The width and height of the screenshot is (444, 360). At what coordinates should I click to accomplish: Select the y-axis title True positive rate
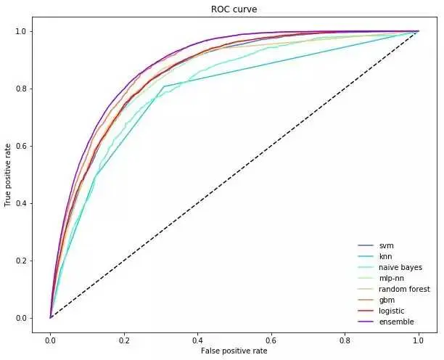(8, 174)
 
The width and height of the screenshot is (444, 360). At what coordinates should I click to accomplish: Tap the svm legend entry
(386, 245)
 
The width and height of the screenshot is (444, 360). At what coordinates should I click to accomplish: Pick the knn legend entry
(386, 257)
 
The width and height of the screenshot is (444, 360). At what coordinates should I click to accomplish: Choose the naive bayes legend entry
(400, 268)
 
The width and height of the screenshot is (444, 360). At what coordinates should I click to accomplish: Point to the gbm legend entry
(387, 300)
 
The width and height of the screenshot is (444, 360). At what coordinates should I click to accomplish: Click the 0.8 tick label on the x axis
(345, 338)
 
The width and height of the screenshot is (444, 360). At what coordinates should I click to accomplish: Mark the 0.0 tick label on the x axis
(50, 338)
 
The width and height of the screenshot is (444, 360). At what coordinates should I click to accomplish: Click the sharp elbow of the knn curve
(164, 86)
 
